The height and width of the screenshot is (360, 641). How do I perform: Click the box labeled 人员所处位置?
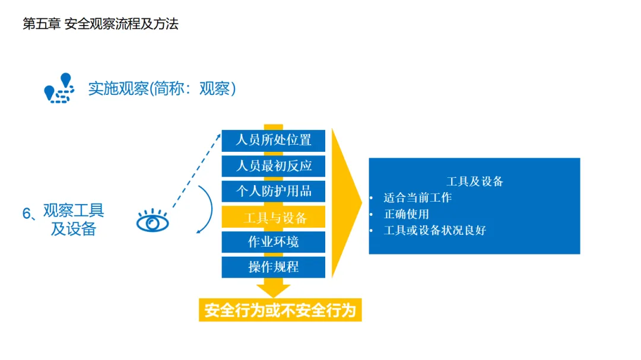point(274,141)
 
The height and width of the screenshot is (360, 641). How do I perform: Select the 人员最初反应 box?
point(274,165)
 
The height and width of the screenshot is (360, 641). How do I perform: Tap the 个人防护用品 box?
point(274,191)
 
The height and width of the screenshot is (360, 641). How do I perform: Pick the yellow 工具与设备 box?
point(274,217)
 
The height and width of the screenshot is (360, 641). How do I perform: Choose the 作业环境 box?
point(274,242)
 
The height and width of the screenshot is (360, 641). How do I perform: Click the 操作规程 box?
point(274,267)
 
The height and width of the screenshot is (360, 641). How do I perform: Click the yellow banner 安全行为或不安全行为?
point(280,310)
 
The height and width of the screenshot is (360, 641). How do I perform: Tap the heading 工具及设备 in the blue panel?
point(474,181)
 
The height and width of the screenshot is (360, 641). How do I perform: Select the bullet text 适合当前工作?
point(417,197)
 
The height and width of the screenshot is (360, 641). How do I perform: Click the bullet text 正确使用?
point(406,214)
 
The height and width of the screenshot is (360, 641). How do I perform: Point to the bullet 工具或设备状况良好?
point(434,230)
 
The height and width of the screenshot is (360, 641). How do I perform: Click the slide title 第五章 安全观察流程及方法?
point(100,24)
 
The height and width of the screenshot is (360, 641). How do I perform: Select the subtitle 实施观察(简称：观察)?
point(162,89)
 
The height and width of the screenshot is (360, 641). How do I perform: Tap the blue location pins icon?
point(59,88)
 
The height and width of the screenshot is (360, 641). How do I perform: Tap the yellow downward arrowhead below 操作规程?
point(274,290)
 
